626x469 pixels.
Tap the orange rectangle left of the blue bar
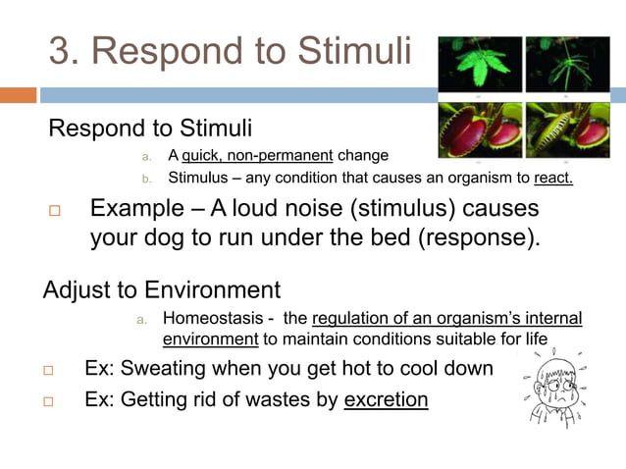tap(18, 95)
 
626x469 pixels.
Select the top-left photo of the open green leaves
tap(480, 65)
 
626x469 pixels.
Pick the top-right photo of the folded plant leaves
tap(566, 65)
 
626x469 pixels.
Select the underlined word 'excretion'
tap(386, 399)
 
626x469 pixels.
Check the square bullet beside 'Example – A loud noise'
tap(55, 212)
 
